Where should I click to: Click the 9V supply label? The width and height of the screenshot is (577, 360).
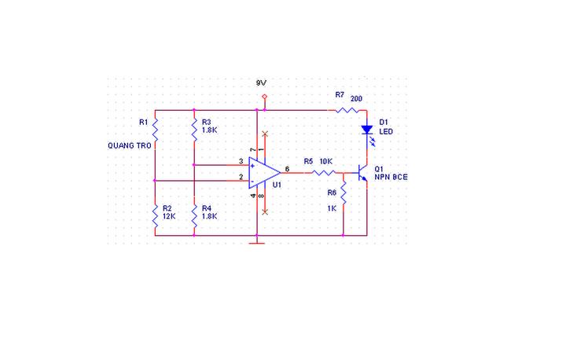coord(261,83)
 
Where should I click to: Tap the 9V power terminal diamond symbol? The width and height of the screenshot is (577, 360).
coord(264,97)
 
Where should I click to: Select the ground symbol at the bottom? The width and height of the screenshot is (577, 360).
coord(257,243)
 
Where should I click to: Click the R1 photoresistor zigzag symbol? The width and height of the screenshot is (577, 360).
coord(155,130)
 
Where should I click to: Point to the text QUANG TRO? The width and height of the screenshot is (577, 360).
coord(130,145)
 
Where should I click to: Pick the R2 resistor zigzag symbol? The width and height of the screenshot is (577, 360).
coord(155,216)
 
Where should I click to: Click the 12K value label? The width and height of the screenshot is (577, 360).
coord(169,216)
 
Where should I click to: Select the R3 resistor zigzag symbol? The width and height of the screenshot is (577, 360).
coord(194,130)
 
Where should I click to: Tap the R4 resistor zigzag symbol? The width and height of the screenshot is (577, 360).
coord(194,216)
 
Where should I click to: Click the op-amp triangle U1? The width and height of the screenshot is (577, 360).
coord(264,173)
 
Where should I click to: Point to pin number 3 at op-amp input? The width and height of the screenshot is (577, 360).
coord(241,161)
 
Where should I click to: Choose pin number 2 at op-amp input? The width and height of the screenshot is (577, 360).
coord(241,177)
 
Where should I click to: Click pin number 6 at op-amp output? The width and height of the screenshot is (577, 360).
coord(287,169)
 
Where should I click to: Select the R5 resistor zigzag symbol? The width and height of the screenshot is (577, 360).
coord(324,173)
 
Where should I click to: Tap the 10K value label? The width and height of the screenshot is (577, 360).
coord(326,162)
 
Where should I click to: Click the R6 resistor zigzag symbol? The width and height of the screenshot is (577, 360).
coord(343,193)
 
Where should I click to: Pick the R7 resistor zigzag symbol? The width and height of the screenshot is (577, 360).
coord(347,110)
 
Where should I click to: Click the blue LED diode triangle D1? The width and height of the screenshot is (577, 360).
coord(367,130)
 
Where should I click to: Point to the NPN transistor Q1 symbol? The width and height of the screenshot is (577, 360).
coord(362,173)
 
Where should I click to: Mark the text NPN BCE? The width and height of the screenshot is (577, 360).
coord(391,177)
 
